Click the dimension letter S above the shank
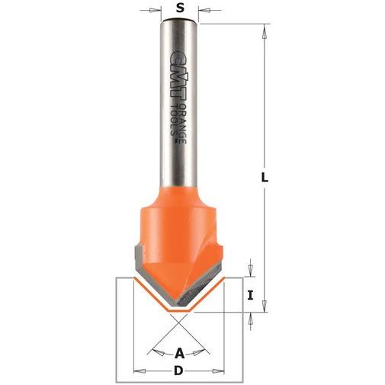click(180, 8)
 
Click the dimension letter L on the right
click(265, 177)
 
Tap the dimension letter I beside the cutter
click(251, 295)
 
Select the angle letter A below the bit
click(179, 354)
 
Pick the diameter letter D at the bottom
click(178, 371)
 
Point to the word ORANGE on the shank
click(182, 124)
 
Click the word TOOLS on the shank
click(174, 120)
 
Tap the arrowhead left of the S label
click(153, 10)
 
